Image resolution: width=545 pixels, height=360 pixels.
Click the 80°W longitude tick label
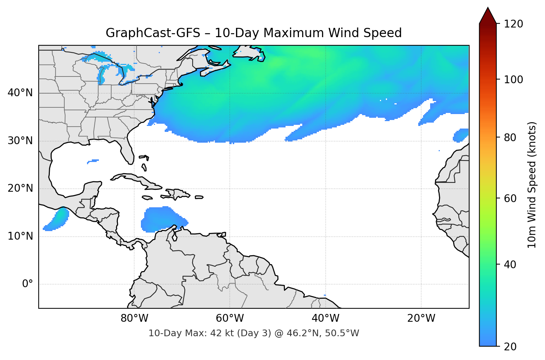[134, 318]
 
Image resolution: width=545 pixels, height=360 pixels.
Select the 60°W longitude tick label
[230, 318]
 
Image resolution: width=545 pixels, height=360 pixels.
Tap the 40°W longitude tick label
[325, 318]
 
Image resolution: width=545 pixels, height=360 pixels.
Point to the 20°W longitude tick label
[421, 318]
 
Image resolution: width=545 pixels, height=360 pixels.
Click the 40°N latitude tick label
[20, 93]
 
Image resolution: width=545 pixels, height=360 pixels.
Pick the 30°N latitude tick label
[20, 141]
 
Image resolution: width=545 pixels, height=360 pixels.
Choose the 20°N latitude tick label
[20, 188]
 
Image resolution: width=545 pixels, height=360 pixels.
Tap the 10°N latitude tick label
[20, 236]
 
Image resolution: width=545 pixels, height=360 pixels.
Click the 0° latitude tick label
[28, 284]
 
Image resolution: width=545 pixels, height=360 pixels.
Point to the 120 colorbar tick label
[513, 24]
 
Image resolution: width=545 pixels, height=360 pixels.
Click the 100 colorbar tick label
[513, 80]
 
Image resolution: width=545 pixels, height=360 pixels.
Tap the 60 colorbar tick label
[510, 198]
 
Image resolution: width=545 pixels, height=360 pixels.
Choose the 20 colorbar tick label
[510, 347]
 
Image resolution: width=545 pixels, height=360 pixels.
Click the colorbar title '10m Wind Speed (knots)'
[532, 185]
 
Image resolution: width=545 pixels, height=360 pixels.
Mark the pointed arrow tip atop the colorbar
[488, 8]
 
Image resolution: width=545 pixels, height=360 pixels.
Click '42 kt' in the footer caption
[222, 333]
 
